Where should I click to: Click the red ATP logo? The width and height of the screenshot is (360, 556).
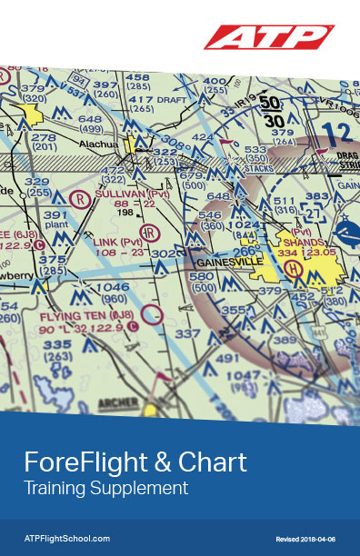pyautogui.click(x=268, y=37)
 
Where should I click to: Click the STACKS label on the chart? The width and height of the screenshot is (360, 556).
pyautogui.click(x=259, y=168)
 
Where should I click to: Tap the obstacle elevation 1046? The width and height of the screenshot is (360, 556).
pyautogui.click(x=114, y=287)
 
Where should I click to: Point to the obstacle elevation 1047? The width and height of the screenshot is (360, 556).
pyautogui.click(x=244, y=375)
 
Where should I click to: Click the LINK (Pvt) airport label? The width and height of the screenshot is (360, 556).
pyautogui.click(x=117, y=242)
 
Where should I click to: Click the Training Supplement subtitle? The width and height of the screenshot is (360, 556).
pyautogui.click(x=105, y=488)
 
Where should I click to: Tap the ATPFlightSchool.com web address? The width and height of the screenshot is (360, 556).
pyautogui.click(x=66, y=539)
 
